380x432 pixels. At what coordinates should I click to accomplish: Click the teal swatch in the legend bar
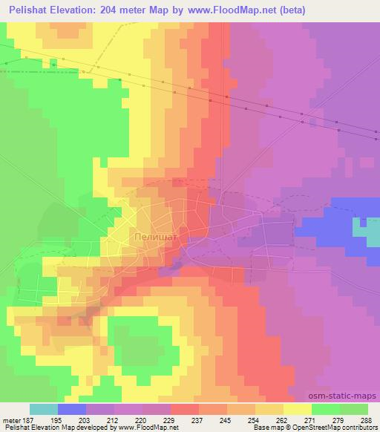(x=44, y=409)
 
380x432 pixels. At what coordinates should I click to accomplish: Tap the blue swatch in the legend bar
(x=72, y=409)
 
